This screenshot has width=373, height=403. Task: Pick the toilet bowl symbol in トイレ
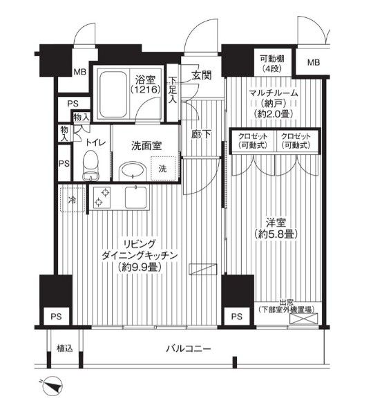point(90,165)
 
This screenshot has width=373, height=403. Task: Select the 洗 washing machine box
point(162,169)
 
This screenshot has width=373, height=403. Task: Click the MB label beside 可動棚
point(314,64)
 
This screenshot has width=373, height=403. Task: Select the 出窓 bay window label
point(287,306)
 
